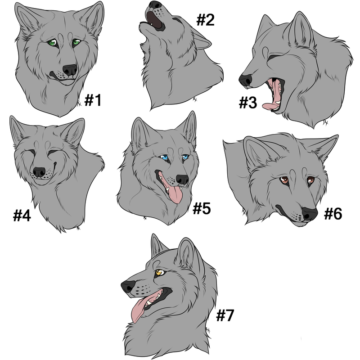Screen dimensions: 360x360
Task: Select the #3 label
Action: (248, 103)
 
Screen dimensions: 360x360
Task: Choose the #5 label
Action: (202, 208)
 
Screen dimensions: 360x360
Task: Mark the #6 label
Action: (333, 213)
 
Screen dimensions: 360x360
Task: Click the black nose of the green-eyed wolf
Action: (70, 70)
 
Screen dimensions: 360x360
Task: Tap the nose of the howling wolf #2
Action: (156, 5)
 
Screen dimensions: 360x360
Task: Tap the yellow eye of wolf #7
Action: (158, 273)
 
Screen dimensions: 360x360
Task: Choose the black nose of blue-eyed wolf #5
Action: (182, 179)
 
